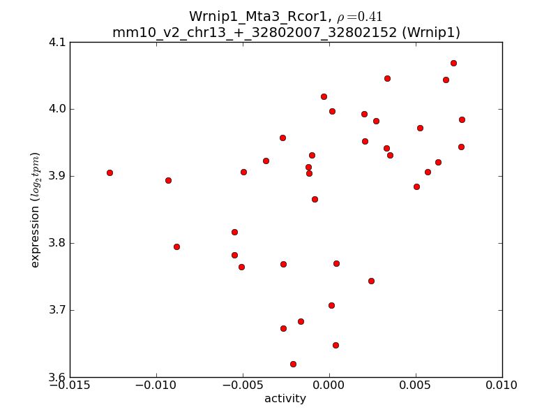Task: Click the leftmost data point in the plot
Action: [x=110, y=172]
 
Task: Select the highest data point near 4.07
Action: [x=453, y=63]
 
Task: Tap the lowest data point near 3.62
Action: [x=293, y=364]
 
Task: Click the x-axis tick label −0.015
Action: [x=70, y=385]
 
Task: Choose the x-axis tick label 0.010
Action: [x=502, y=385]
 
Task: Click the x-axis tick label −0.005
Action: [x=243, y=385]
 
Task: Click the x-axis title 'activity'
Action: [x=285, y=399]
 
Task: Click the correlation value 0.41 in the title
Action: [x=368, y=17]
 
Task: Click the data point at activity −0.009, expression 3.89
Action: [x=168, y=180]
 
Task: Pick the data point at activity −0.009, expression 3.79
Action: [x=176, y=247]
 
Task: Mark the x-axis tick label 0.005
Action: [x=416, y=385]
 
